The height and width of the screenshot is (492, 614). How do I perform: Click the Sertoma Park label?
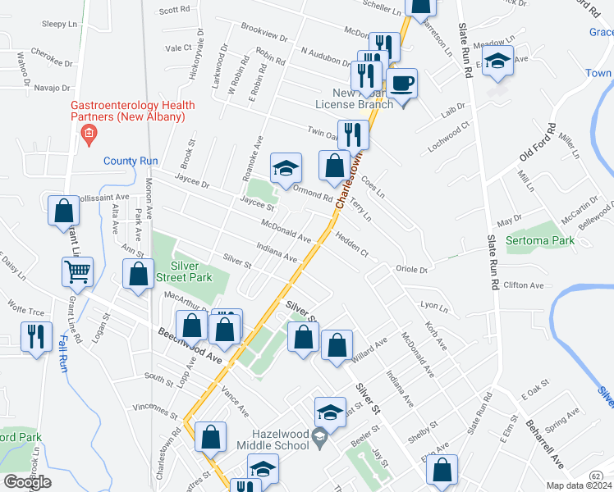point(540,240)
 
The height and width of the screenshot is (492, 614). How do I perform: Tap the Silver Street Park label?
point(191,272)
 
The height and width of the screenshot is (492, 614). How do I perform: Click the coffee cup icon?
point(401,84)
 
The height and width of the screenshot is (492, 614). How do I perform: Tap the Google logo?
point(27,482)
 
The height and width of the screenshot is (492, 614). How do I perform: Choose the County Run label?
point(130,161)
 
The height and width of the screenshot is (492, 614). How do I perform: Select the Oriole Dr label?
point(412,269)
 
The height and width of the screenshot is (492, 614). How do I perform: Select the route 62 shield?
point(597,476)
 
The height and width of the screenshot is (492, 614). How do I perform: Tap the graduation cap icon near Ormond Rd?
point(286,168)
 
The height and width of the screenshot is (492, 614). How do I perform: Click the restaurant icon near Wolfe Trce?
point(37,336)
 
